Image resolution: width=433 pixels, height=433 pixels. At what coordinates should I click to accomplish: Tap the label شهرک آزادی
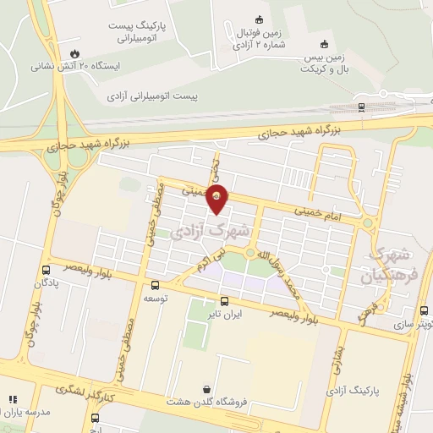(216, 229)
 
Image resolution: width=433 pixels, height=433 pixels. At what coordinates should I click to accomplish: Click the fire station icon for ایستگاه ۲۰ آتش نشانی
(75, 51)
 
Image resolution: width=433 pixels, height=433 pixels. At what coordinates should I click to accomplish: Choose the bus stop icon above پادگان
(45, 271)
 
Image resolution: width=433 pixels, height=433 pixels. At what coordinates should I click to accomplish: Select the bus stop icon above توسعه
(153, 285)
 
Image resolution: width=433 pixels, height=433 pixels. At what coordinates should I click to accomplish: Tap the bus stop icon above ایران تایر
(224, 300)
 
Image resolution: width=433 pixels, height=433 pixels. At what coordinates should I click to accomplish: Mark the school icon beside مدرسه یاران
(12, 399)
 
